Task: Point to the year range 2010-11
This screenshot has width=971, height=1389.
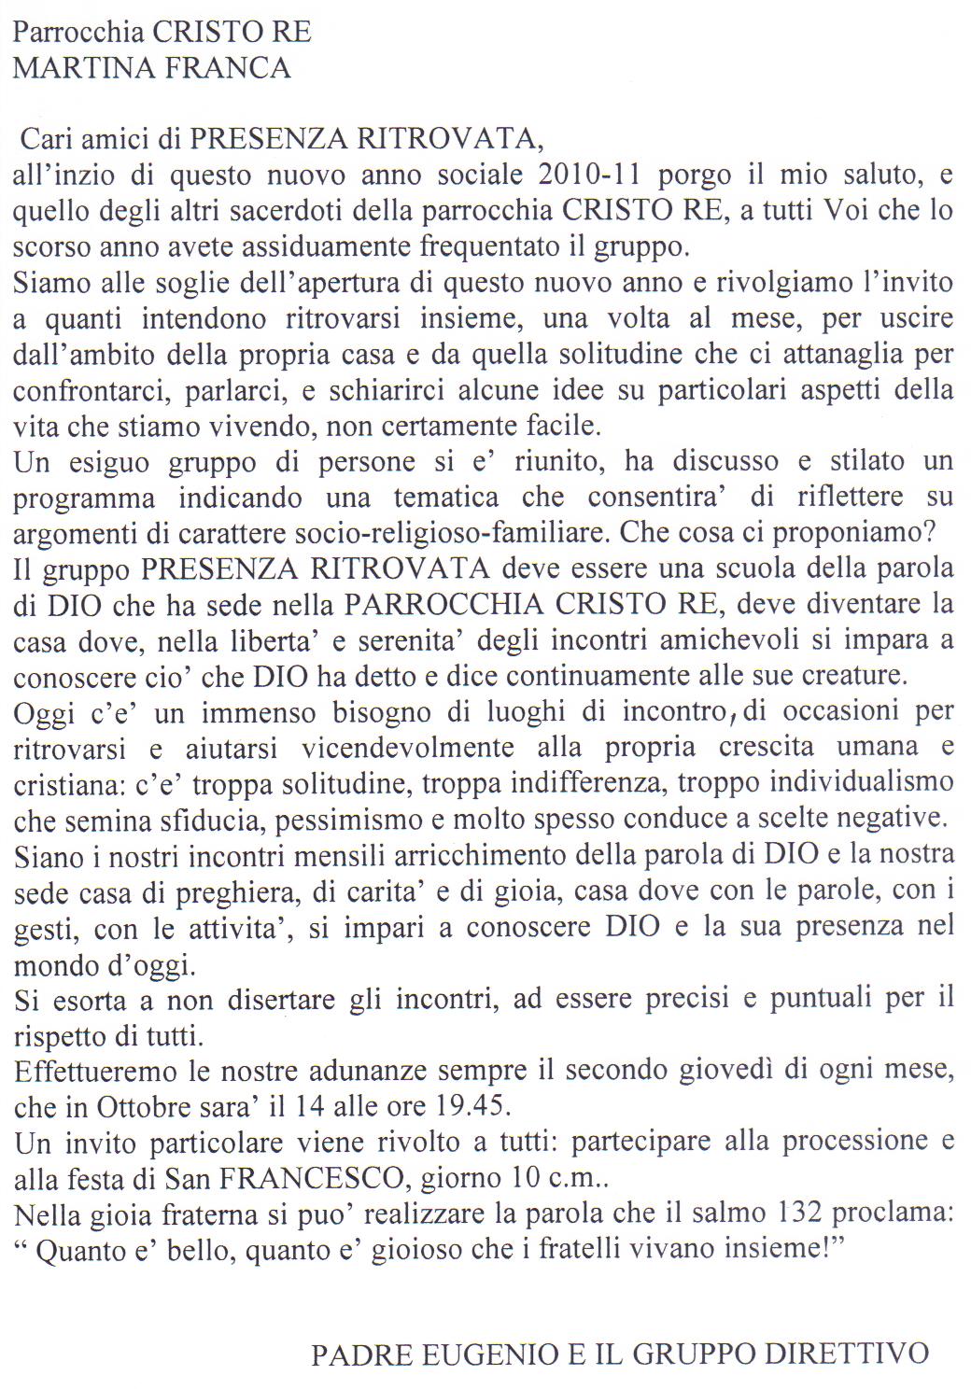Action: pos(592,175)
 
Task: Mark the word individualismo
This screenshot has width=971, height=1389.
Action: pos(847,782)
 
